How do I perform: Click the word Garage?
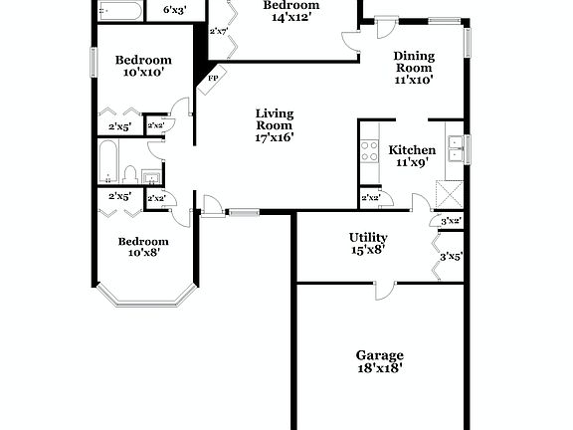coord(380,355)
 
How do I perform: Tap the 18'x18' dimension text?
coord(380,368)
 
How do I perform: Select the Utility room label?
coord(367,237)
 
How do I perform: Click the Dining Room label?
coord(414,62)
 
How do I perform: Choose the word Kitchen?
coord(412,149)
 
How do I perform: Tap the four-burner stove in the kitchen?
coord(369,151)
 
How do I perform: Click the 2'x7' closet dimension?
coord(219,31)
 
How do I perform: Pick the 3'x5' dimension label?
coord(451,257)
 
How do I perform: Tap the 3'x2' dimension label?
coord(451,220)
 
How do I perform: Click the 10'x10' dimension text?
coord(142,73)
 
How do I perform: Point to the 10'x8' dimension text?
coord(143,253)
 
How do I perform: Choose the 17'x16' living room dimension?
coord(275,138)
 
